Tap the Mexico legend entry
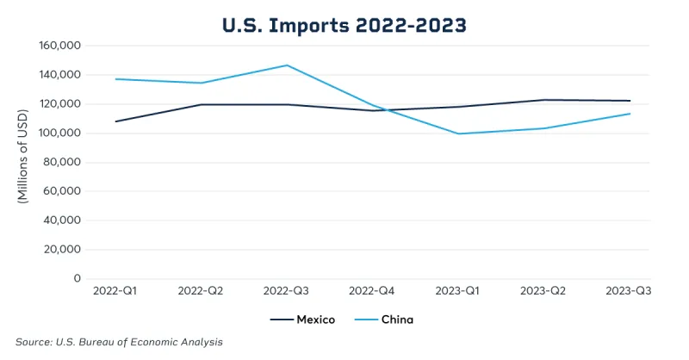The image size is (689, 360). [304, 320]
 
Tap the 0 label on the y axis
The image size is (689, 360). [77, 279]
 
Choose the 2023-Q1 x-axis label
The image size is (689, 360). [457, 291]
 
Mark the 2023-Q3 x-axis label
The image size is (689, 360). [630, 291]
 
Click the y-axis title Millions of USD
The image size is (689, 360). [23, 162]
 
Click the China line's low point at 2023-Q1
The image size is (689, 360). [457, 133]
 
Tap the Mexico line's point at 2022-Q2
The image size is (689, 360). [201, 105]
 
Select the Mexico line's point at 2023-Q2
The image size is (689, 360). [543, 100]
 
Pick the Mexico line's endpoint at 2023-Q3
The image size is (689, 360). [630, 101]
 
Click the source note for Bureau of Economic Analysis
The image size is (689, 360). [120, 342]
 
